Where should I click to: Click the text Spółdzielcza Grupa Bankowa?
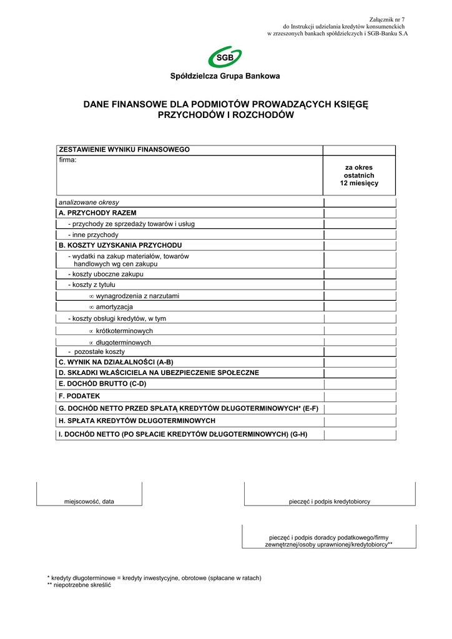pos(225,76)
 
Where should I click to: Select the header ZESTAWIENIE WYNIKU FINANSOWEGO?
pos(124,150)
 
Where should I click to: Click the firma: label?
pos(67,160)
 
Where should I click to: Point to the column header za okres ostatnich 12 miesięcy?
pos(359,175)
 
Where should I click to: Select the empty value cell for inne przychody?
pos(359,235)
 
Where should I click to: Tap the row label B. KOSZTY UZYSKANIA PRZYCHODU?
pos(120,245)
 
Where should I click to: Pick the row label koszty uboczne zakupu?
pos(106,274)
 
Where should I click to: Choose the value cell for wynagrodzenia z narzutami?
pos(359,296)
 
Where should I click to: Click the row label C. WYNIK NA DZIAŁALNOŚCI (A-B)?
pos(115,362)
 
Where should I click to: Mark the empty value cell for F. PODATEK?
pos(359,396)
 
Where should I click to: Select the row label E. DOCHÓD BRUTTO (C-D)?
pos(102,384)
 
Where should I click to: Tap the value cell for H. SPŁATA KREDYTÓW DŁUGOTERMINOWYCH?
pos(359,421)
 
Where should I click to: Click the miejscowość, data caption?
pos(89,501)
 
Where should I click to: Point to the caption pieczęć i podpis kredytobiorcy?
pos(330,501)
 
